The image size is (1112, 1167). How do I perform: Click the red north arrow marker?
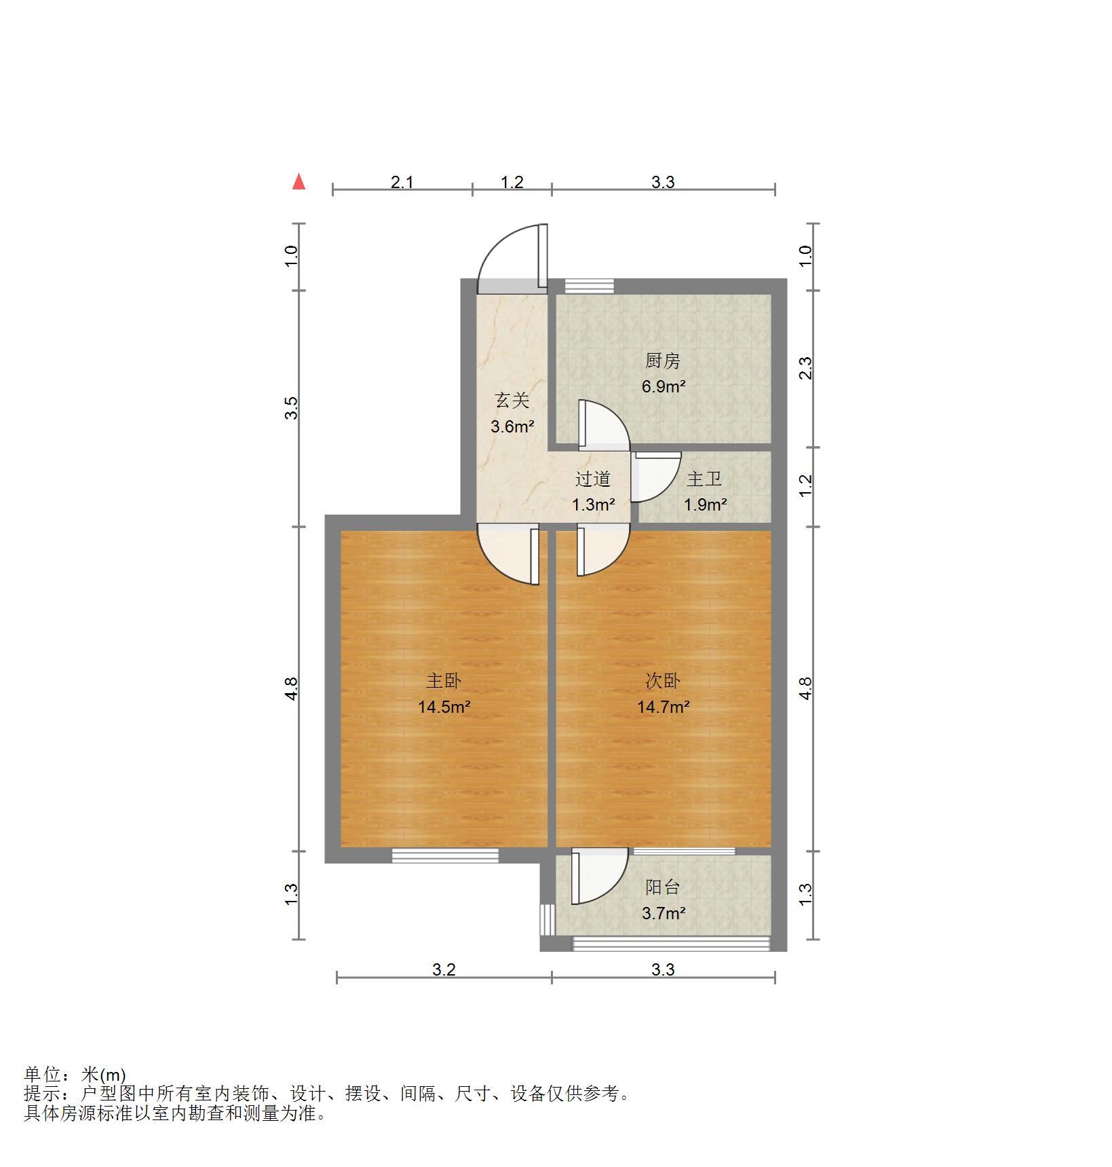299,182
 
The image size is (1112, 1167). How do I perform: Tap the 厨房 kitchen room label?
662,361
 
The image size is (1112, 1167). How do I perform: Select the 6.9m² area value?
664,387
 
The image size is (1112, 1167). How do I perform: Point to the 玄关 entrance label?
512,401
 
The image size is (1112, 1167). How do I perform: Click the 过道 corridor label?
593,479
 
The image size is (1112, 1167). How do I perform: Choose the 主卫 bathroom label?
704,479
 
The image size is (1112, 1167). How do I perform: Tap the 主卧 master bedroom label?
444,681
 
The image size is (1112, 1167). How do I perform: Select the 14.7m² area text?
663,707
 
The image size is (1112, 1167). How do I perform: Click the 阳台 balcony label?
662,887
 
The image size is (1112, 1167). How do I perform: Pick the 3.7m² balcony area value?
664,914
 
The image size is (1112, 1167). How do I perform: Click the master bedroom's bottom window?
445,856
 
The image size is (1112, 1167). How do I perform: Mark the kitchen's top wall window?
589,286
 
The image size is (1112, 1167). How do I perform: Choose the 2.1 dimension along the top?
402,182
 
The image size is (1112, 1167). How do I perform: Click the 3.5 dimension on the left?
291,408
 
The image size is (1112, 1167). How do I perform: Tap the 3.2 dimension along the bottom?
444,969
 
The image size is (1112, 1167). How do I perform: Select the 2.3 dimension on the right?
805,368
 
